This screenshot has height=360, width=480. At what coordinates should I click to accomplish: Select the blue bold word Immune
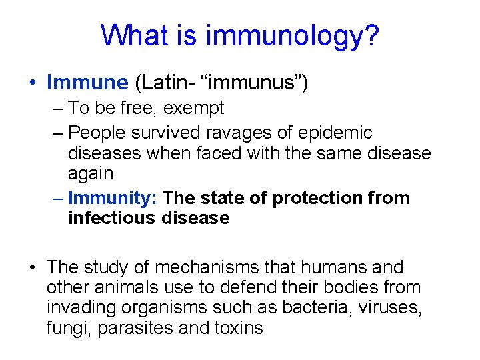point(87,82)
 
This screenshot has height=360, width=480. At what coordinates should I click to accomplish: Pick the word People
point(99,133)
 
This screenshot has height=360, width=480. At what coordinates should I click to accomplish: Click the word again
point(91,173)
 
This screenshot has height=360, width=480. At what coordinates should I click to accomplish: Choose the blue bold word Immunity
point(112,198)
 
